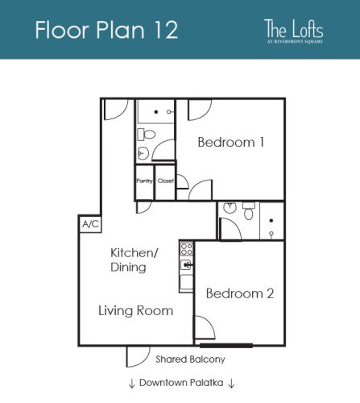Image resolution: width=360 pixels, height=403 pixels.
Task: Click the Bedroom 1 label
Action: click(231, 143)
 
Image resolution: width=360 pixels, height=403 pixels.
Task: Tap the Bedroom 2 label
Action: click(239, 293)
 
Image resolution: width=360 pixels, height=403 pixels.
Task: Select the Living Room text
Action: click(136, 310)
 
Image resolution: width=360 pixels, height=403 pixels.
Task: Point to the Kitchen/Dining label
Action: click(134, 260)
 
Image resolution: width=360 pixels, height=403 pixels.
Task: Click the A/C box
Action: click(88, 224)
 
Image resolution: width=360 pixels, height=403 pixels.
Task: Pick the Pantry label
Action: click(144, 181)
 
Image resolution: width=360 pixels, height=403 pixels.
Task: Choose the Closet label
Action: click(165, 181)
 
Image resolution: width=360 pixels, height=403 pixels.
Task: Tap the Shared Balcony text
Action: click(189, 359)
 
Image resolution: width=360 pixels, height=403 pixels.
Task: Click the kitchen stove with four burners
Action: click(186, 248)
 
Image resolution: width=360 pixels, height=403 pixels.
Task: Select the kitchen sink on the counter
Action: click(187, 264)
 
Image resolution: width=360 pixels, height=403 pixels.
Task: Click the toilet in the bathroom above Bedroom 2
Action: click(248, 212)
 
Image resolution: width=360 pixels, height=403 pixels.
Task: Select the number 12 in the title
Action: click(159, 30)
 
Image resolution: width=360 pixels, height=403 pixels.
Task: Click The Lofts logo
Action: click(294, 31)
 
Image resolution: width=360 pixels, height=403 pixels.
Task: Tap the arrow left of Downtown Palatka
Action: click(131, 383)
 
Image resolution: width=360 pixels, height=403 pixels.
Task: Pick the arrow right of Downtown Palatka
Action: click(231, 383)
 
